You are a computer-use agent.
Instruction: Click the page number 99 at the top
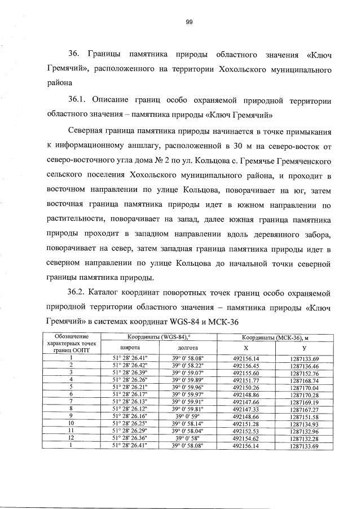point(190,22)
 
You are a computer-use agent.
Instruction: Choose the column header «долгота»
point(187,348)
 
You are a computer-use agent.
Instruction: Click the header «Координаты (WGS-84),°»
point(159,337)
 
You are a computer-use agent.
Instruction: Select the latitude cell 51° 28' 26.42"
point(130,365)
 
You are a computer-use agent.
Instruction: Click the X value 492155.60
point(245,372)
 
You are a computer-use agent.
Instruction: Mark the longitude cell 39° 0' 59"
point(187,416)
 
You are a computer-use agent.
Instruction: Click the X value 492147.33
point(245,409)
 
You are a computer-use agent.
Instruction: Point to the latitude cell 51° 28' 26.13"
point(130,402)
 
